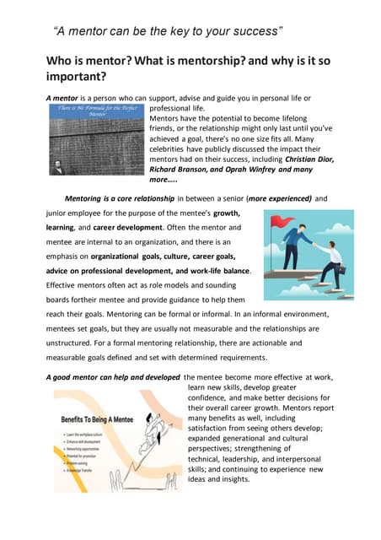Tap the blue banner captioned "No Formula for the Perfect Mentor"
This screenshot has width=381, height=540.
(x=94, y=111)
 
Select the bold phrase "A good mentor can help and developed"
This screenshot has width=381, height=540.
(x=113, y=376)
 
